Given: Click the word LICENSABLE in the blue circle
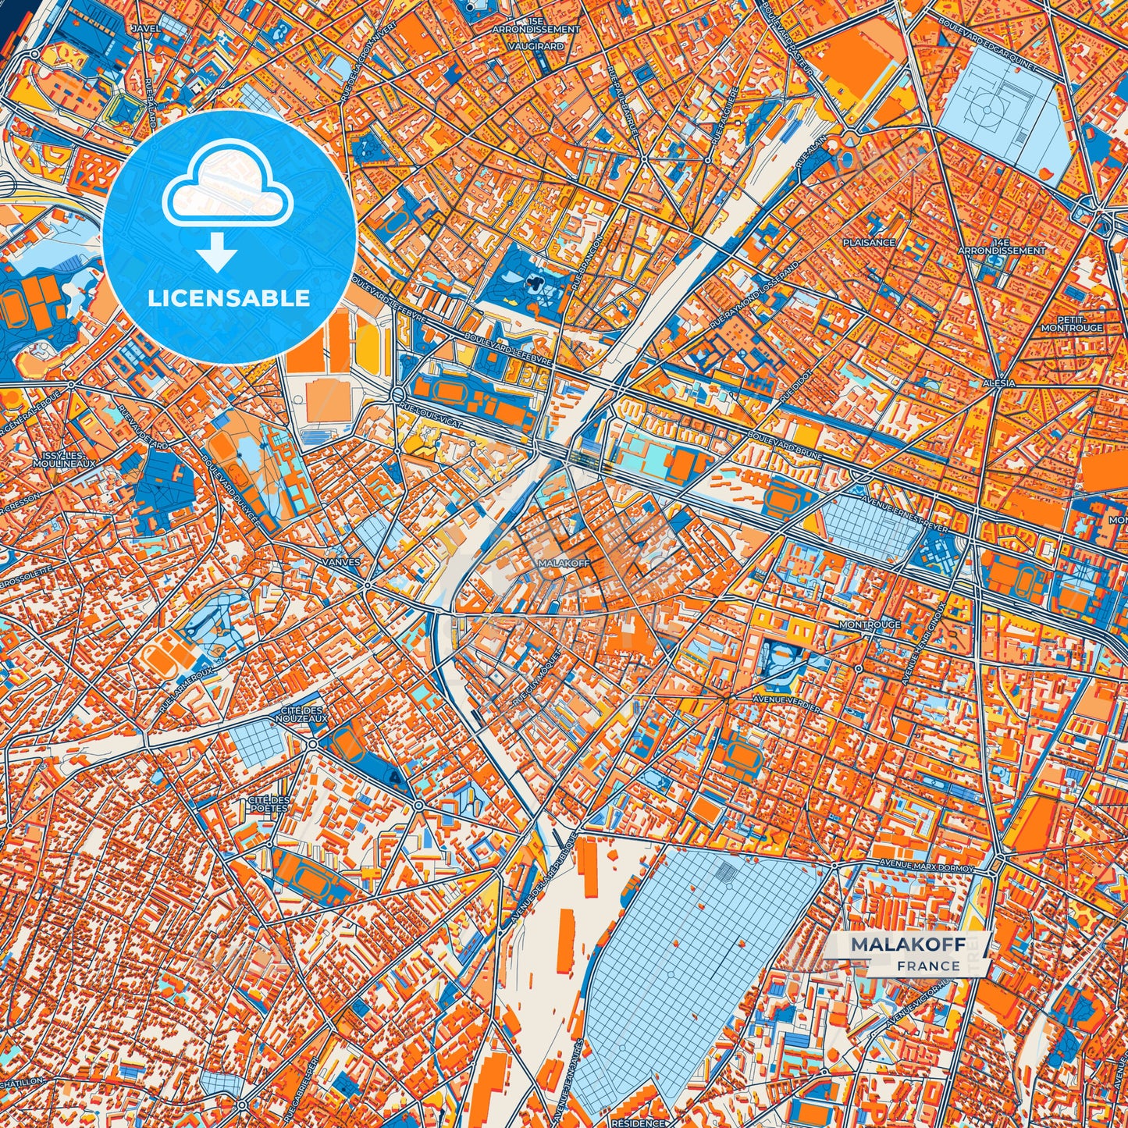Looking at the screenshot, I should (229, 298).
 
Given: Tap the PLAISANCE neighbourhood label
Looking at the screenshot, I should (869, 243).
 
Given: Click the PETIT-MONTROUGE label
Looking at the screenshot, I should (1072, 324).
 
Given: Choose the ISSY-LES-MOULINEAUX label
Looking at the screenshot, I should (64, 459).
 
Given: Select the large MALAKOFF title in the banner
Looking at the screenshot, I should (908, 945).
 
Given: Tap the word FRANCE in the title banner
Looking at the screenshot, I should (928, 966).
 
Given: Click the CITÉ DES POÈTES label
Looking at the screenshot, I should (268, 804).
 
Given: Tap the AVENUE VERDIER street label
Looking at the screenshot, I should (786, 703).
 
